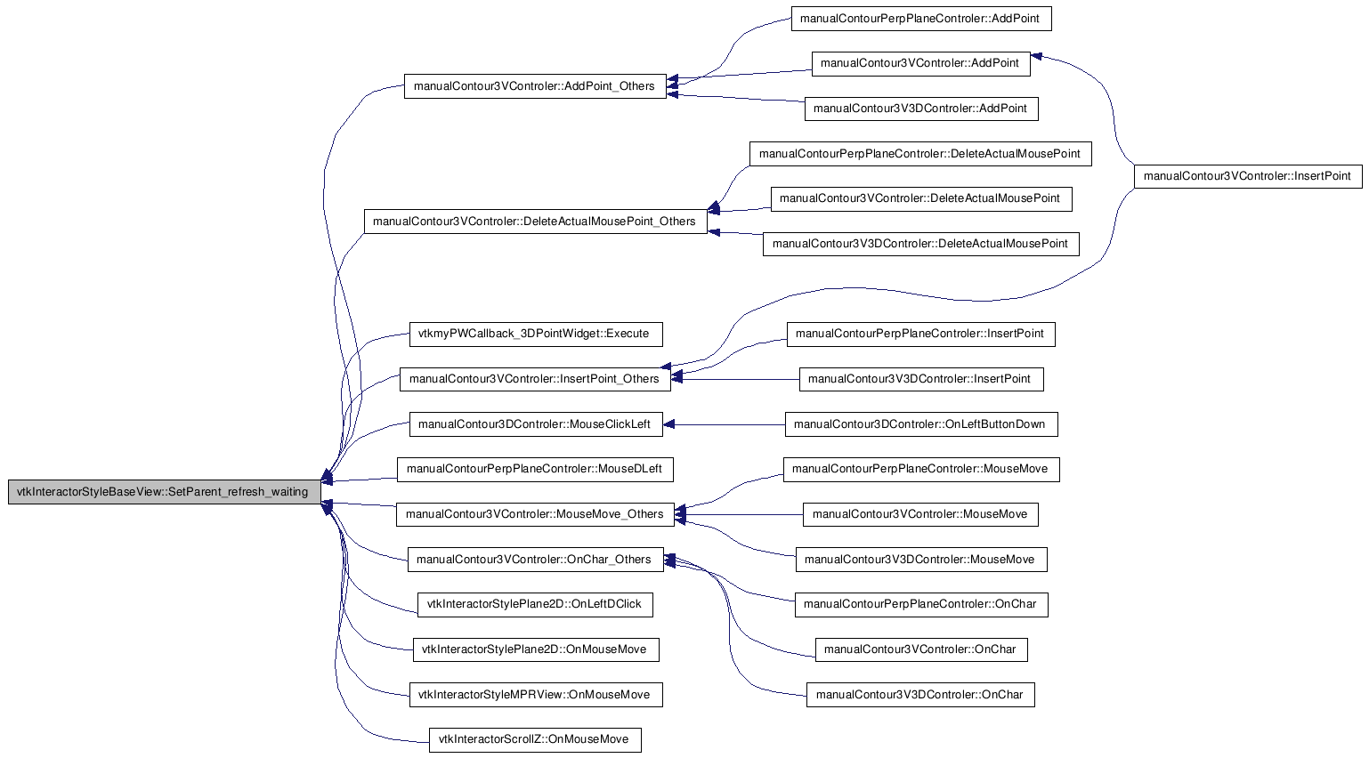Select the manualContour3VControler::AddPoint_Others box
pos(535,86)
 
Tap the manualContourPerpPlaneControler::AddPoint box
pos(921,19)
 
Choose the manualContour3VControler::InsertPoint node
pos(1248,176)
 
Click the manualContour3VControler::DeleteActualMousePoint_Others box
pos(535,222)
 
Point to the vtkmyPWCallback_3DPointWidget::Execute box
pos(535,335)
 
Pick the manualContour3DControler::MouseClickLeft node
pos(535,424)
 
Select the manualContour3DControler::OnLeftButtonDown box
pos(921,424)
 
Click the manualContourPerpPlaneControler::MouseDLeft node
pos(535,469)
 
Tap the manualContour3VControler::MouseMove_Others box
pos(535,514)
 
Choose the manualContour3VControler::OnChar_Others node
pos(535,560)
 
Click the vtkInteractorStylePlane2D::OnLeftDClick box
pos(535,605)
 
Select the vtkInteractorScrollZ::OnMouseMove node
pos(535,739)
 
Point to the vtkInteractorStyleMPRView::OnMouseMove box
pos(535,695)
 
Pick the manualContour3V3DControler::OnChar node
pos(920,695)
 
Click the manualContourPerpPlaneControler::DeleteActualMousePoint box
pos(920,154)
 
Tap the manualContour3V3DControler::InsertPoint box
pos(921,379)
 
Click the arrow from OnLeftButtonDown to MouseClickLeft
pos(725,424)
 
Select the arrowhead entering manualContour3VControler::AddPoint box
pos(1036,57)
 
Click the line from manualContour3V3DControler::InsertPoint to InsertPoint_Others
pos(735,379)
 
